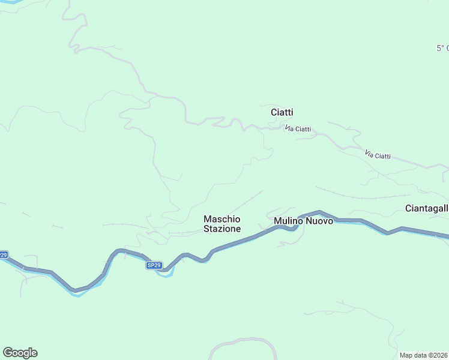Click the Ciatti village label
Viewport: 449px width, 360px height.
tap(282, 112)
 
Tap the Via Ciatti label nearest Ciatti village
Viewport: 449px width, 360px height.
tap(298, 128)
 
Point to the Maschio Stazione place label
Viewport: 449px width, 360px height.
tap(222, 224)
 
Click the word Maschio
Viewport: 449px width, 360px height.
tap(222, 219)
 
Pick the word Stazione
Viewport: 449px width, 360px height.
tap(222, 229)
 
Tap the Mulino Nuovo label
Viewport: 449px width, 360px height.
tap(303, 221)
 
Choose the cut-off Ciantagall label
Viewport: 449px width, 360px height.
tap(427, 208)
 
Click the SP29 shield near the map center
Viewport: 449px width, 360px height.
tap(154, 265)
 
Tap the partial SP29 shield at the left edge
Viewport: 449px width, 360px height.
tap(4, 255)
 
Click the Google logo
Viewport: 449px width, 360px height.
tap(20, 353)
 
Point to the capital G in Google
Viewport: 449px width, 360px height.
tap(7, 353)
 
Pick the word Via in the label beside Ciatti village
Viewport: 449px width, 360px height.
tap(289, 127)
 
